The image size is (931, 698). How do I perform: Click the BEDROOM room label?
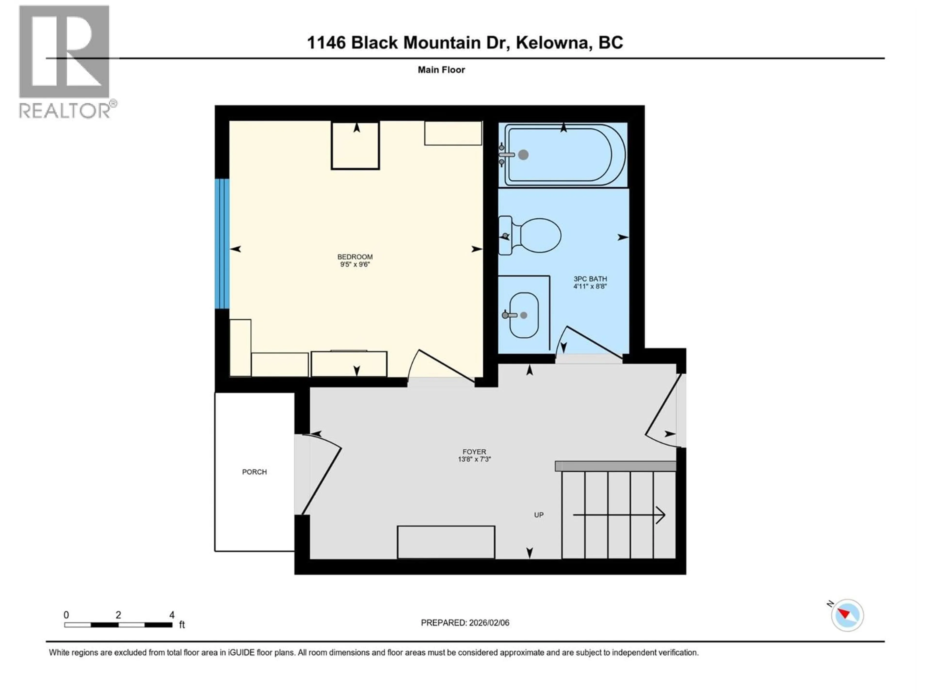[355, 257]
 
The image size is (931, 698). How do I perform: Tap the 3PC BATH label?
[590, 278]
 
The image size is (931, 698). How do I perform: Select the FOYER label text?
[474, 452]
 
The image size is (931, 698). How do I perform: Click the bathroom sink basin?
[524, 315]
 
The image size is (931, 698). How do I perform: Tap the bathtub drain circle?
[523, 155]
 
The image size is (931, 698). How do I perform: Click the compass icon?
[847, 615]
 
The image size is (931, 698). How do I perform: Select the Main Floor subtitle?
[441, 70]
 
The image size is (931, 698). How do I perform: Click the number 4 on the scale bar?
[172, 615]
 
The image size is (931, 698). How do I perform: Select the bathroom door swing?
[589, 343]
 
